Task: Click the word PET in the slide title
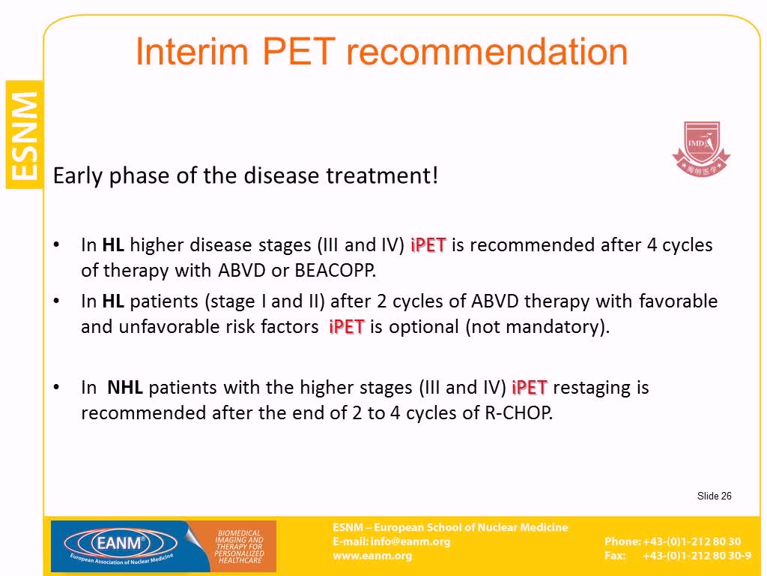299,52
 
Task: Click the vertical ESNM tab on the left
25,135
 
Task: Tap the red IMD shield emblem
701,148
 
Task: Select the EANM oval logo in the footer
121,544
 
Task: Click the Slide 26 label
714,496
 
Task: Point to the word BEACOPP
335,270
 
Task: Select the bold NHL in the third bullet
125,388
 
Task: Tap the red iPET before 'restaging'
530,388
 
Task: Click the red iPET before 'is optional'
346,327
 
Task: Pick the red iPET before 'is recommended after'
428,245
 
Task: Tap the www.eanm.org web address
372,556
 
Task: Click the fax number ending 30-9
697,556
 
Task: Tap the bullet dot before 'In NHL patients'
57,388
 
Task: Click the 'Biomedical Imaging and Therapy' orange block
240,546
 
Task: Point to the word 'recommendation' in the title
487,52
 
